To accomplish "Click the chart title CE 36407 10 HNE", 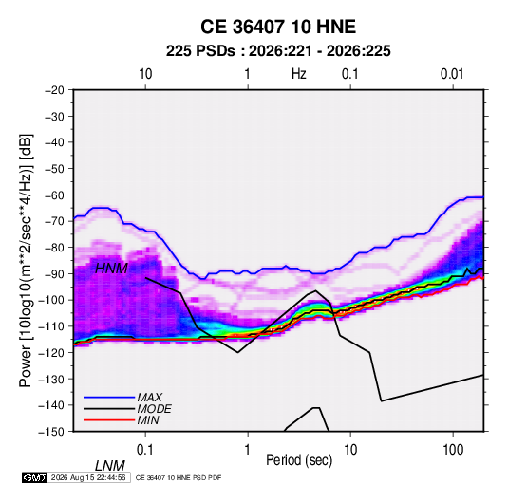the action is coord(278,27).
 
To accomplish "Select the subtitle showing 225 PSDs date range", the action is coord(278,51).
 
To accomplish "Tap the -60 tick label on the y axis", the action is coord(54,195).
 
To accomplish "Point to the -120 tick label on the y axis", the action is coord(51,352).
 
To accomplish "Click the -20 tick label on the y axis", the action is coord(54,90).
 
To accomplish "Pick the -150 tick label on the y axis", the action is coord(51,432).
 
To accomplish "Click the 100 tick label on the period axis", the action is coord(453,450).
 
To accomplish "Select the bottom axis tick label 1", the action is coord(248,450).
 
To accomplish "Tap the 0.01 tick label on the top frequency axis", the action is coord(452,74).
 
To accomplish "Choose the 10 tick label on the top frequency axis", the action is coord(145,74).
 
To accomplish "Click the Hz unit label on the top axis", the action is coord(299,74).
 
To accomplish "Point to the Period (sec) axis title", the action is coord(299,460).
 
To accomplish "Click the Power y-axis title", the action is coord(26,260).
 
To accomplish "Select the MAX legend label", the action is coord(149,398).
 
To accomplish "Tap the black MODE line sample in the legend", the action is coord(109,409).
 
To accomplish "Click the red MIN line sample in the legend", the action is coord(109,420).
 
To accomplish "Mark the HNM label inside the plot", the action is coord(111,269).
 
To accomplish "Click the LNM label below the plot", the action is coord(110,466).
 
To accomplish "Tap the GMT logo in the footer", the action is coord(34,477).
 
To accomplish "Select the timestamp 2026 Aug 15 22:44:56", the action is coord(88,477).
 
